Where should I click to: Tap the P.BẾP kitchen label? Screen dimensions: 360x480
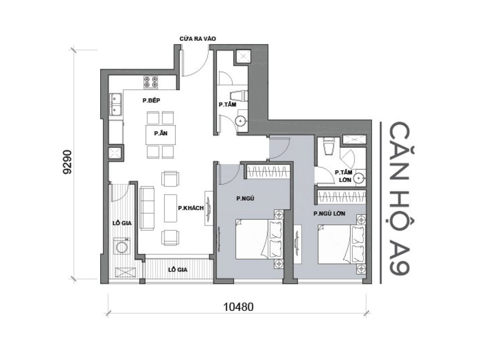(x=152, y=100)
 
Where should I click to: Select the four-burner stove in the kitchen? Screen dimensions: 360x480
(x=150, y=82)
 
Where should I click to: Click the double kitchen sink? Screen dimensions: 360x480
(x=115, y=105)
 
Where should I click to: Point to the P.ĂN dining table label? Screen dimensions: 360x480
(x=160, y=133)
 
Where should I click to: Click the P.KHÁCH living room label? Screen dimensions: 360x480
(x=190, y=208)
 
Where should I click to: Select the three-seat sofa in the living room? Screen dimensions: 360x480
(x=147, y=207)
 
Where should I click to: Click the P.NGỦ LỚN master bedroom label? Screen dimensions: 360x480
(x=330, y=214)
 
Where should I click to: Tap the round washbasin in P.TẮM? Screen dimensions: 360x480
(x=241, y=121)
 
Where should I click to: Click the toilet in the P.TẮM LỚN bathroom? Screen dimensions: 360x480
(x=329, y=146)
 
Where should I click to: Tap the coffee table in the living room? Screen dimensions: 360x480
(x=170, y=208)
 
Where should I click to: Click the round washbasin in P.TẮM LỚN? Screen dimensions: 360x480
(x=359, y=178)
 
